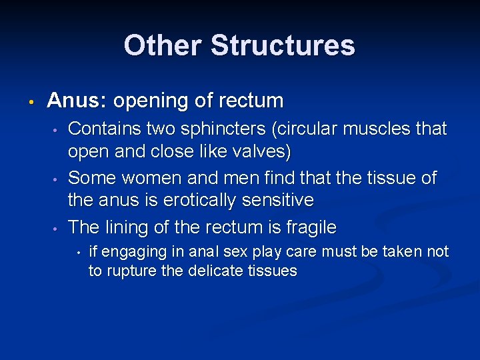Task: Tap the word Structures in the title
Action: click(283, 45)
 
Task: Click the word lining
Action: click(125, 227)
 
